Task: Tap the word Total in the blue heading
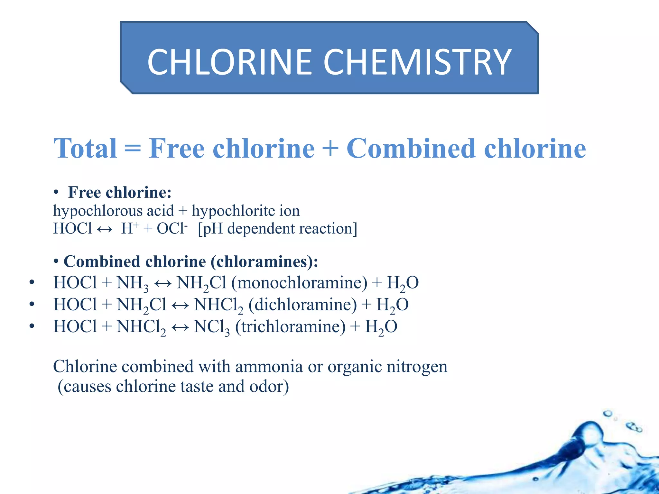point(85,149)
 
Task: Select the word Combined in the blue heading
point(411,149)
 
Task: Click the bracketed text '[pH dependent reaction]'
point(277,229)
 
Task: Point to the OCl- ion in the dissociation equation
point(172,229)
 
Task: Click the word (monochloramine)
point(299,283)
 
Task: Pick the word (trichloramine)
point(290,327)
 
